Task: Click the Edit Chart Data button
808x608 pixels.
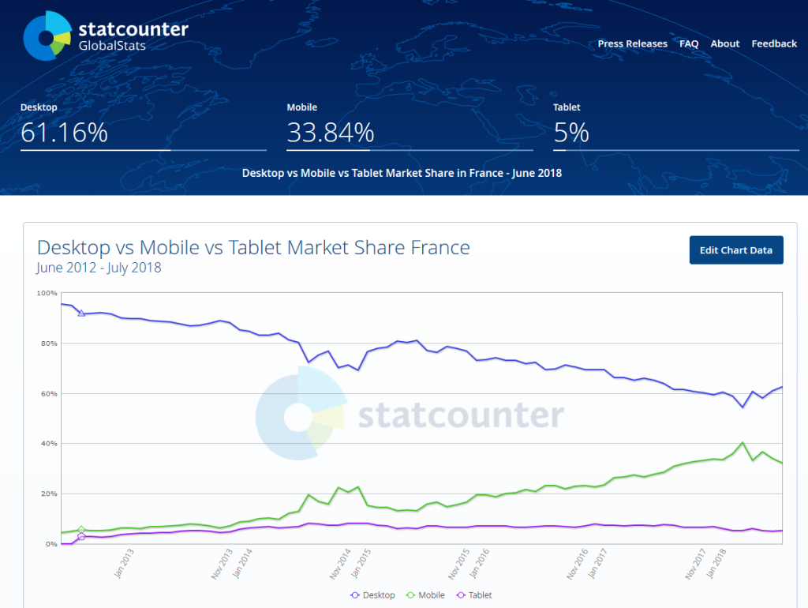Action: [x=736, y=250]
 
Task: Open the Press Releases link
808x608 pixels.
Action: [x=632, y=44]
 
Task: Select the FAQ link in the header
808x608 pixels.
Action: [x=689, y=44]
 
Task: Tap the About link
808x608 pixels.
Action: [x=724, y=44]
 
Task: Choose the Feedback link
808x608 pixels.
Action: [x=773, y=44]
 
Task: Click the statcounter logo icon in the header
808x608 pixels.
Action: [x=47, y=36]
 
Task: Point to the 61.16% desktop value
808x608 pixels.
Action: [x=64, y=133]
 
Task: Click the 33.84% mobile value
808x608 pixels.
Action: [x=330, y=133]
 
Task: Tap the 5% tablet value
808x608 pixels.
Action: [x=571, y=133]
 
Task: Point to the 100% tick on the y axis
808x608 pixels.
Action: [x=47, y=293]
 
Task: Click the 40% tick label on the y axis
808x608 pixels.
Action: [x=48, y=444]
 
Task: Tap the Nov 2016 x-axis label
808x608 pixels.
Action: [x=578, y=562]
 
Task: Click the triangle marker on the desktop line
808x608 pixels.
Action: [x=81, y=313]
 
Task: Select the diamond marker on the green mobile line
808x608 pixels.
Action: [x=81, y=530]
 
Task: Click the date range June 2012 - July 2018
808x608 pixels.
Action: [x=99, y=268]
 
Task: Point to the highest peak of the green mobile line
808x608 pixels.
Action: [x=743, y=443]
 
